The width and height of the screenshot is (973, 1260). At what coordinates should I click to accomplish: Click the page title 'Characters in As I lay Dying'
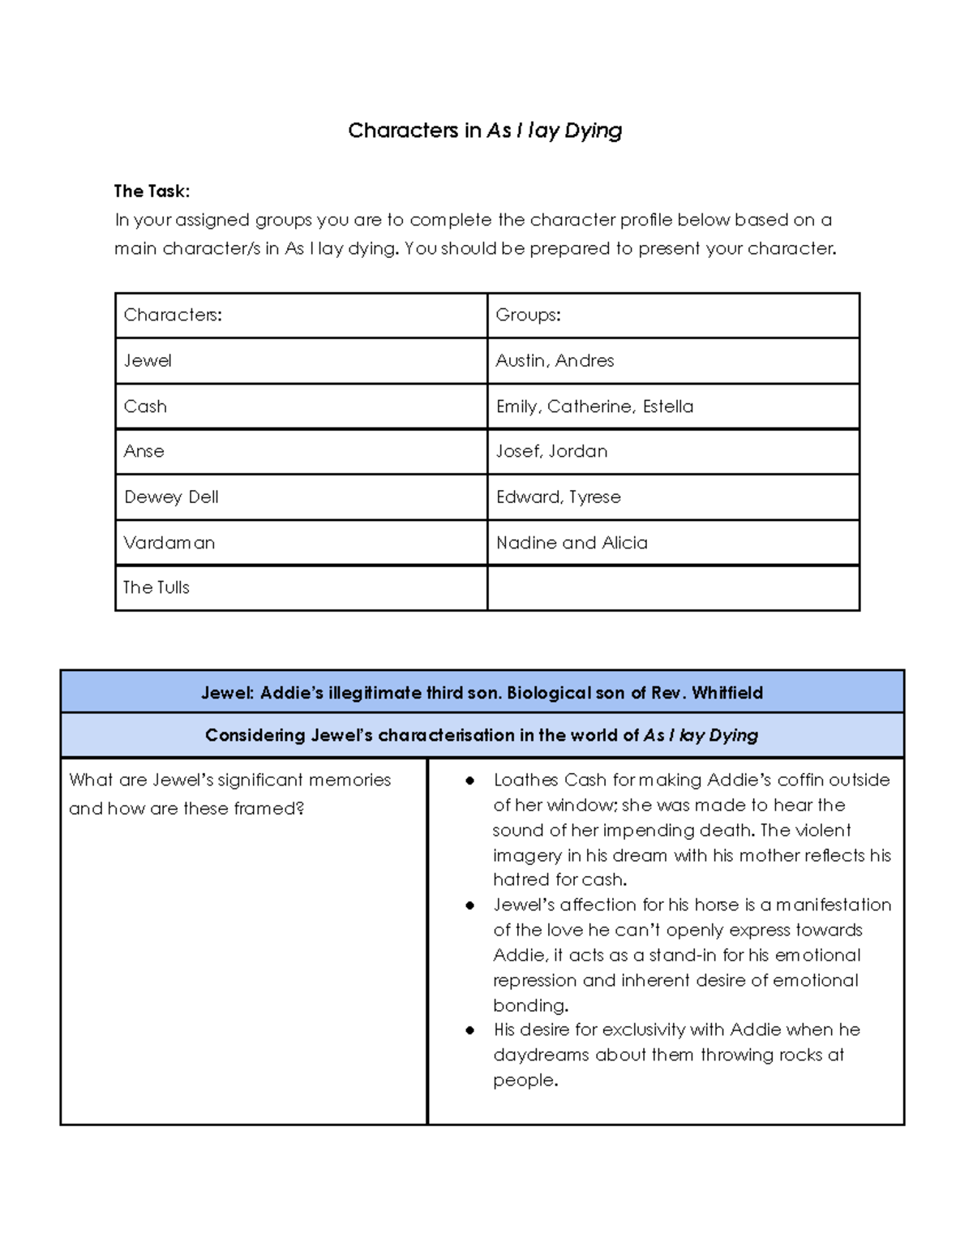(485, 131)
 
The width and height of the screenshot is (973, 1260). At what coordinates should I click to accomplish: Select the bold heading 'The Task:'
(152, 191)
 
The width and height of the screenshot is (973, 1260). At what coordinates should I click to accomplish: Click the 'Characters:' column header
(173, 315)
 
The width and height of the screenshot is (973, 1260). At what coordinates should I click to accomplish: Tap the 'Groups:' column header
(528, 315)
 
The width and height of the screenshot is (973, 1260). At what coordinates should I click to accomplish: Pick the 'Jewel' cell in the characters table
(148, 360)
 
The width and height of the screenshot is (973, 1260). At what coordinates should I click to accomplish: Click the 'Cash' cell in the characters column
(145, 406)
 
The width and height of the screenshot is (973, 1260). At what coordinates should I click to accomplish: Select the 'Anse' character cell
(144, 451)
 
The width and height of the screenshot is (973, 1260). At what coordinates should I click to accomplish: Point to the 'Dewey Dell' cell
(171, 497)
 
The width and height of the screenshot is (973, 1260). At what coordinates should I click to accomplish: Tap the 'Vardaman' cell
(169, 543)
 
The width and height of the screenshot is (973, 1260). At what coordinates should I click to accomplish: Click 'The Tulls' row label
(156, 587)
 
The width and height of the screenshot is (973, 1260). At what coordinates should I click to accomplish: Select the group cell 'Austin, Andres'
(555, 360)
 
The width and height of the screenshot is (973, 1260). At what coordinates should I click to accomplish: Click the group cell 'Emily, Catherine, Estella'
(594, 406)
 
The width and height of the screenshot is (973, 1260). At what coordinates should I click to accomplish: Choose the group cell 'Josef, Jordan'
(551, 451)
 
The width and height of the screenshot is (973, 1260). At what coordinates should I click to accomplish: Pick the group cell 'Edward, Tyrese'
(559, 497)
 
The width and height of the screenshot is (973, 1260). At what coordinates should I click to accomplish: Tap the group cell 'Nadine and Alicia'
(572, 543)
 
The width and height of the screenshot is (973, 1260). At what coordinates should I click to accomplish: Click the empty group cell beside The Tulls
(673, 587)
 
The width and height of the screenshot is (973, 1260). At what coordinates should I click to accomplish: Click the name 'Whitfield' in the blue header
(727, 693)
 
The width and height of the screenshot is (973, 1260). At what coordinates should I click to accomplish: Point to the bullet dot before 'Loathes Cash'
(469, 781)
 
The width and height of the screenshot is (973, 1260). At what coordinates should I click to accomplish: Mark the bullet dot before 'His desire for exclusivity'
(469, 1030)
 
